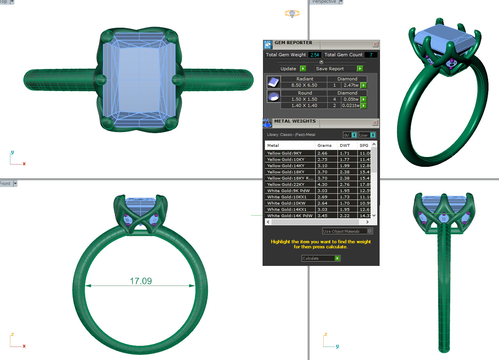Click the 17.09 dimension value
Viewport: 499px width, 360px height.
140,281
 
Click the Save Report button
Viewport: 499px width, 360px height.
339,69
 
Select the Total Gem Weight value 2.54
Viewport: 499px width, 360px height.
314,55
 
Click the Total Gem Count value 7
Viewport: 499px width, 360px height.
371,55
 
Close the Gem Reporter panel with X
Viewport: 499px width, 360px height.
375,45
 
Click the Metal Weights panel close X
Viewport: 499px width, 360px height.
375,123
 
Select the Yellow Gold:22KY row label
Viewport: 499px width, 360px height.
286,185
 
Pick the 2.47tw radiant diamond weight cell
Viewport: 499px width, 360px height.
350,85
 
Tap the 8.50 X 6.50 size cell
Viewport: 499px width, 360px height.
304,85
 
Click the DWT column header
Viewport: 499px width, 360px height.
345,145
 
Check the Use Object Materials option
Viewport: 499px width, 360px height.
369,231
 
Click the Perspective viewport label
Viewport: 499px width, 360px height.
324,2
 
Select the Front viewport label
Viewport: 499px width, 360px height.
5,184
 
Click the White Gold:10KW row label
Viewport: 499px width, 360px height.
286,203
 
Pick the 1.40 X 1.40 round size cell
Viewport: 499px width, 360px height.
304,105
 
